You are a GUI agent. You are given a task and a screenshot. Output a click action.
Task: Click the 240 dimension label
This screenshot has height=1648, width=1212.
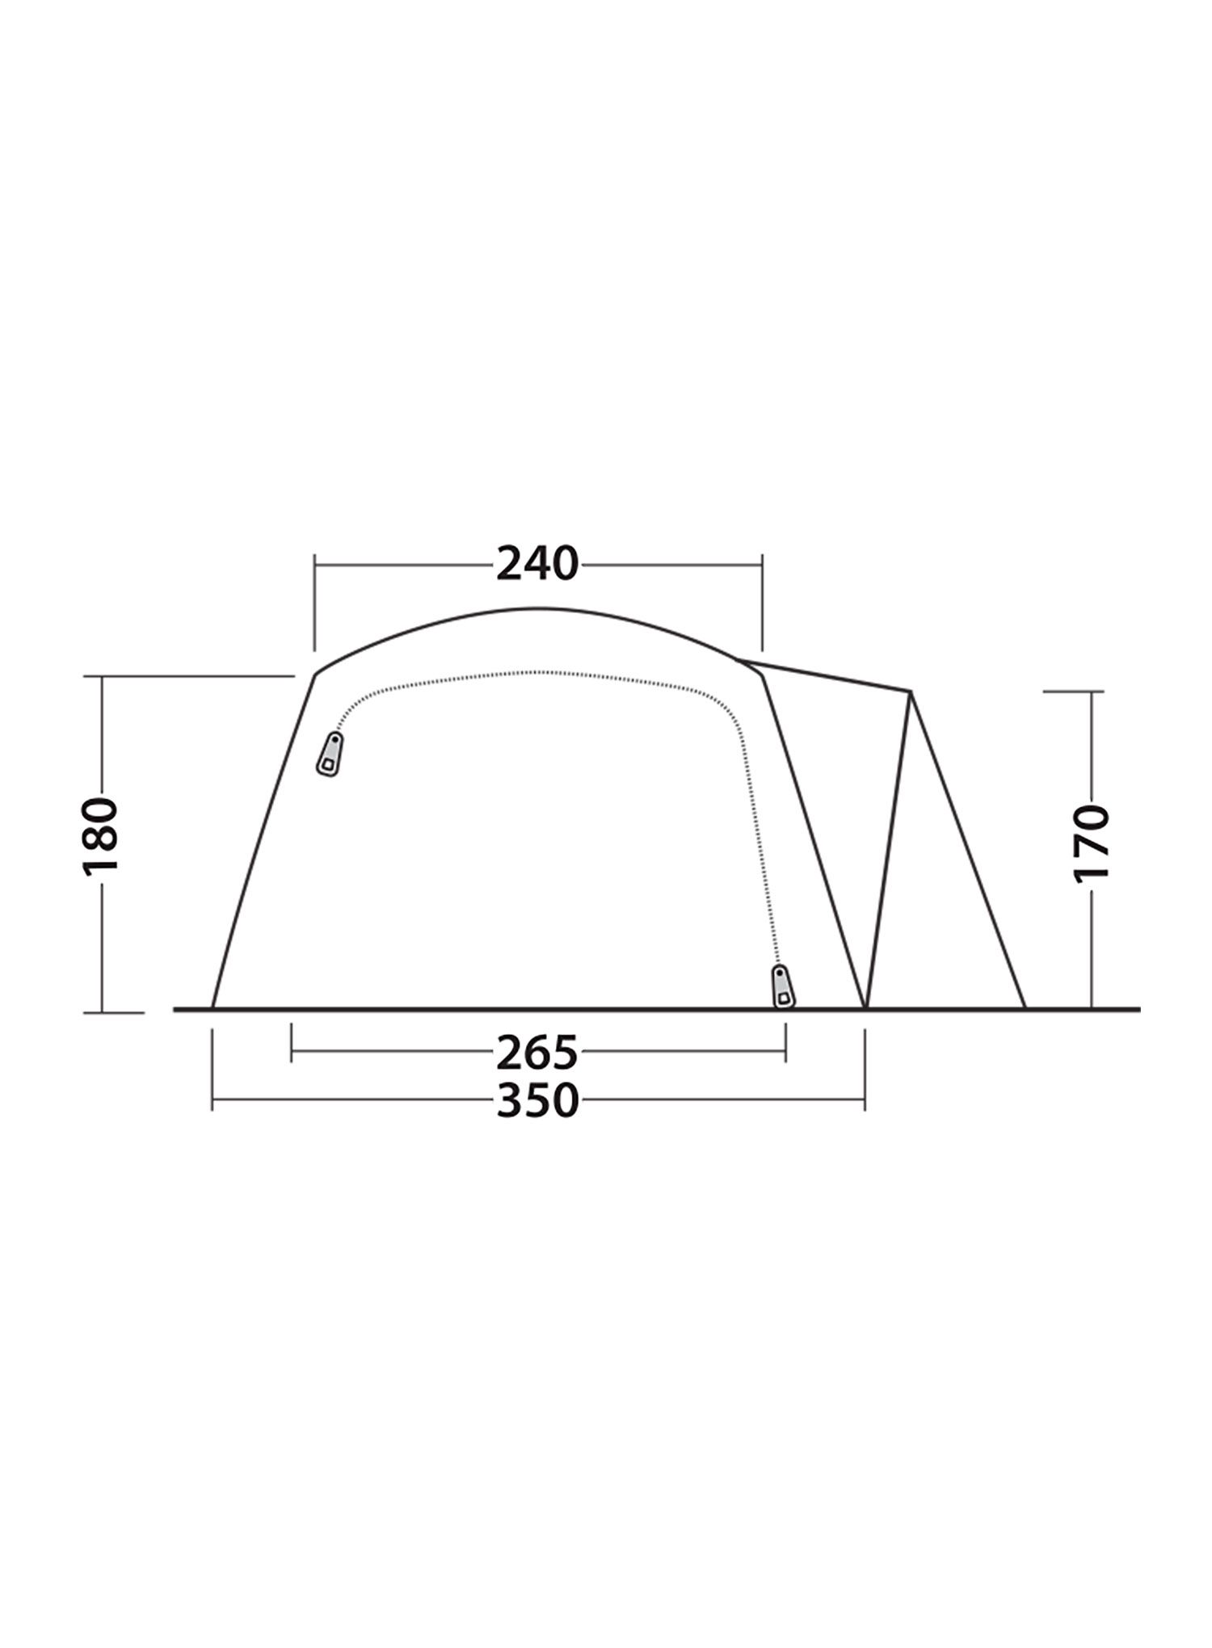pyautogui.click(x=537, y=564)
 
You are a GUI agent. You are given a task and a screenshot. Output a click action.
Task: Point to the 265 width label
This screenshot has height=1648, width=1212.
pyautogui.click(x=537, y=1052)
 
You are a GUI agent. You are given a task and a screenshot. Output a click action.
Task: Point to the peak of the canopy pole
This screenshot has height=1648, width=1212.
pyautogui.click(x=911, y=691)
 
